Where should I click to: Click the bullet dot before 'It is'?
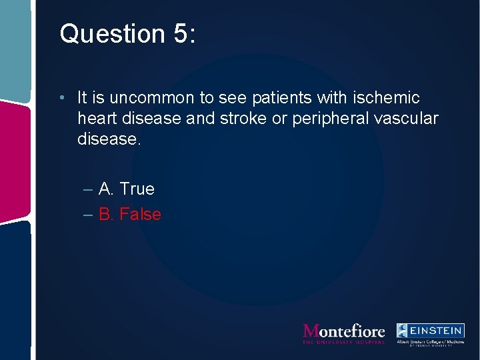tap(61, 98)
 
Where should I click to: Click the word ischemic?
tap(387, 98)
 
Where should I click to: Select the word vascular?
tap(409, 118)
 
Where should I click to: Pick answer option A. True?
tap(126, 189)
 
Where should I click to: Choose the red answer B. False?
tap(130, 215)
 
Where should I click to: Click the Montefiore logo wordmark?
tap(344, 330)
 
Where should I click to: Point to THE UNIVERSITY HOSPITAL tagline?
tap(344, 342)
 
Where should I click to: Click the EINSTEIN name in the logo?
tap(437, 330)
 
